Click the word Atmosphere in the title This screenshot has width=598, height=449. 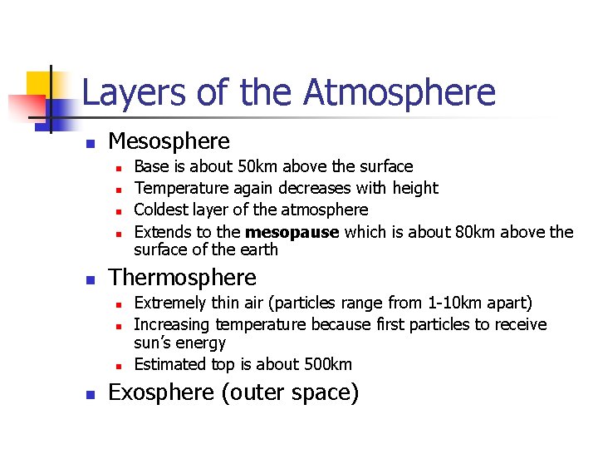click(x=399, y=92)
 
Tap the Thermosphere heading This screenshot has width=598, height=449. click(x=183, y=277)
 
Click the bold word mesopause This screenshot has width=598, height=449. click(x=292, y=232)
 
